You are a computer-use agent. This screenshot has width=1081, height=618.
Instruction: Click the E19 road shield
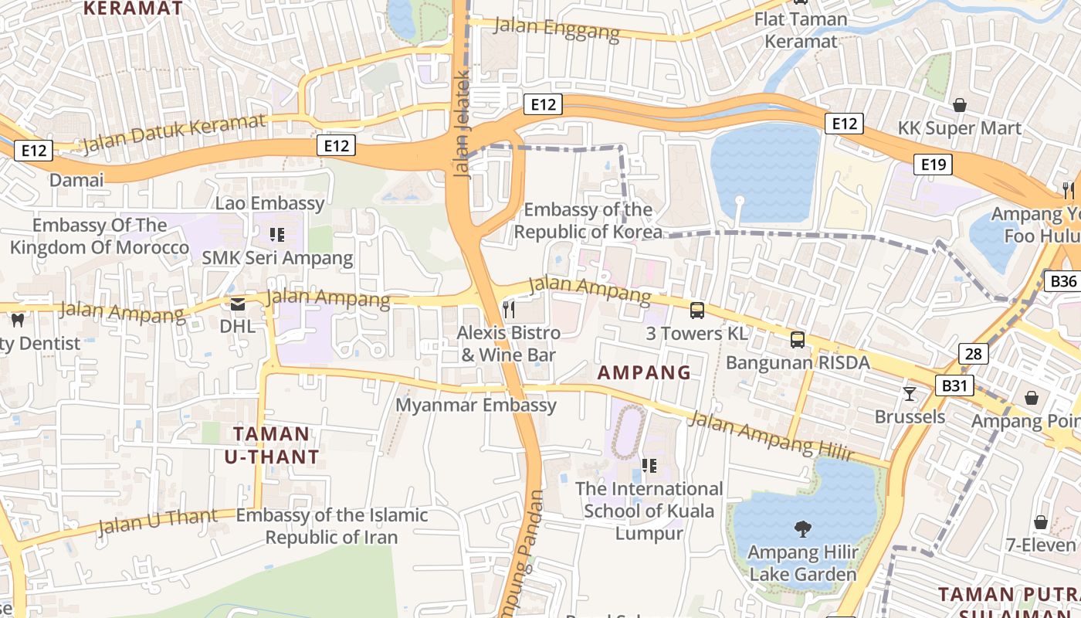934,164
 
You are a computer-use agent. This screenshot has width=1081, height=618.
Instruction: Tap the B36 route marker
1062,281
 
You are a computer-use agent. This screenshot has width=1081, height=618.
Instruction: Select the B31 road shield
954,385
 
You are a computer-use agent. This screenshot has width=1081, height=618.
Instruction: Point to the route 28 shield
974,354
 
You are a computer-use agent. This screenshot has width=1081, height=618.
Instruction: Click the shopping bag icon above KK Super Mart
960,104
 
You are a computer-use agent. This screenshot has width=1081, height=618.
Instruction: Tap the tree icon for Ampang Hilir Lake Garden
803,529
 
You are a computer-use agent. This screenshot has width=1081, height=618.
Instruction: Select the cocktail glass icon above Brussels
910,394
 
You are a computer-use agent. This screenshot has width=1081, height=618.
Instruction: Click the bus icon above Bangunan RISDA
798,339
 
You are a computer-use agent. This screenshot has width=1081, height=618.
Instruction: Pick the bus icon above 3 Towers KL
697,311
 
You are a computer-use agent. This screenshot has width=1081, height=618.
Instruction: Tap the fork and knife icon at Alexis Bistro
508,310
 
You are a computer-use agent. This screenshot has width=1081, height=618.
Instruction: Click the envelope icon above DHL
237,304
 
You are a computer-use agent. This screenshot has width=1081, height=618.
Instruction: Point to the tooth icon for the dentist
17,320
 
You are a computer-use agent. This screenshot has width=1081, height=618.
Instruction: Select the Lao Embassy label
269,203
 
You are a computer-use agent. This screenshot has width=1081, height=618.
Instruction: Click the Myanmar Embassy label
476,405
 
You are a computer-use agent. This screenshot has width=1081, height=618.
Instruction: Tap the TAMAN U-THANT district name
271,445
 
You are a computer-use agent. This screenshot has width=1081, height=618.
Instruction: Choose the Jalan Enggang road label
556,29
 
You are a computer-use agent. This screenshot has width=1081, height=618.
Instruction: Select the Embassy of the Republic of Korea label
588,220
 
